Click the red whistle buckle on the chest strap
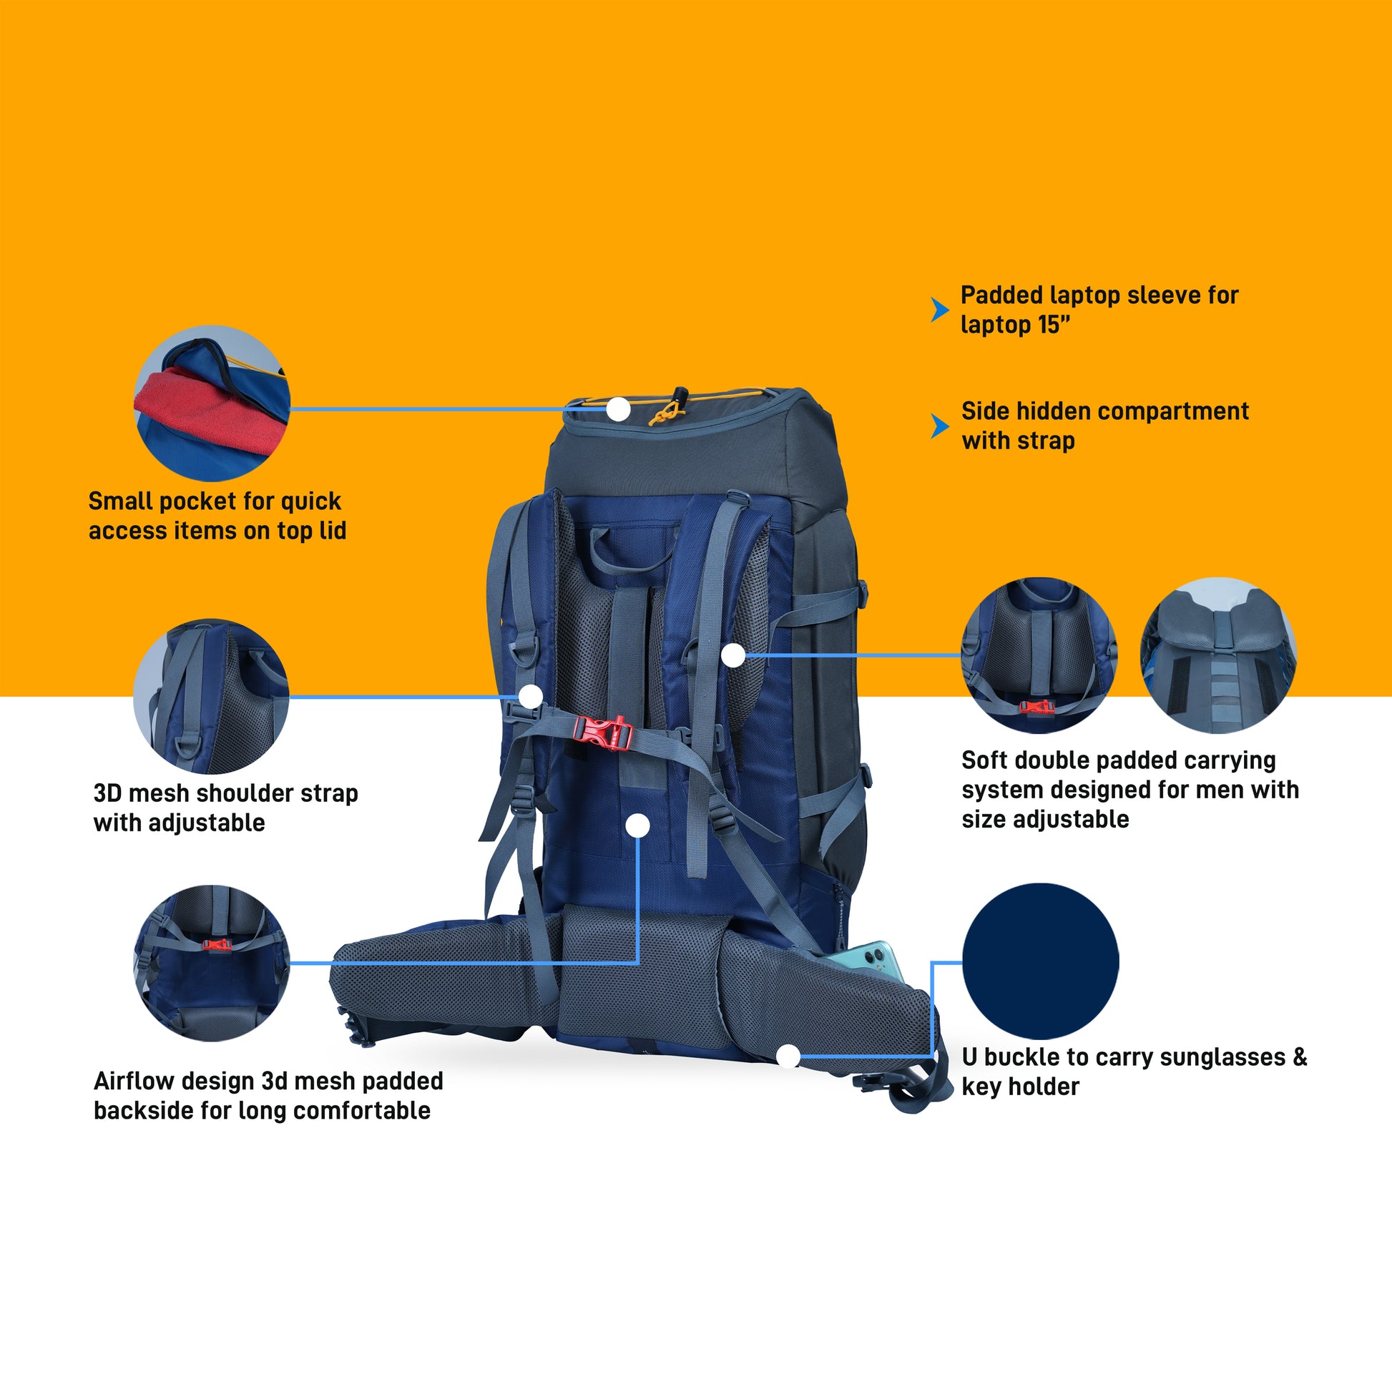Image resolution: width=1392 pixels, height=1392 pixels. pyautogui.click(x=603, y=732)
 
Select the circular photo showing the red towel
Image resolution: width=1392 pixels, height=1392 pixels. pyautogui.click(x=212, y=403)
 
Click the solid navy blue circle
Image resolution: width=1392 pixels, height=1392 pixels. pyautogui.click(x=1040, y=961)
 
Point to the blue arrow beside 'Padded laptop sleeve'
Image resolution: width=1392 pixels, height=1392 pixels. pyautogui.click(x=939, y=309)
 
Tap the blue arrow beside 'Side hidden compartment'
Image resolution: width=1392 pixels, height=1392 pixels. pyautogui.click(x=939, y=426)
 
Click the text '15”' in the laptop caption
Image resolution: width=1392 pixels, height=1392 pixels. pyautogui.click(x=1054, y=325)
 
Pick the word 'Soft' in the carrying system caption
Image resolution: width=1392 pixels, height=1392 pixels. pyautogui.click(x=986, y=760)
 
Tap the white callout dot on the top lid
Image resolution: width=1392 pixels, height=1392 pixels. pyautogui.click(x=618, y=409)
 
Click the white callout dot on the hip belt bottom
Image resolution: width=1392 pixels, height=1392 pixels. pyautogui.click(x=788, y=1057)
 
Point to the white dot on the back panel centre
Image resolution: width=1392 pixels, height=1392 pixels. pyautogui.click(x=637, y=825)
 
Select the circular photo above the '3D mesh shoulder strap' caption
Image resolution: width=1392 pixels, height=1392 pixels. pyautogui.click(x=211, y=697)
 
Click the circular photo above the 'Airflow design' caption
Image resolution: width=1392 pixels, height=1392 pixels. pyautogui.click(x=211, y=963)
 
